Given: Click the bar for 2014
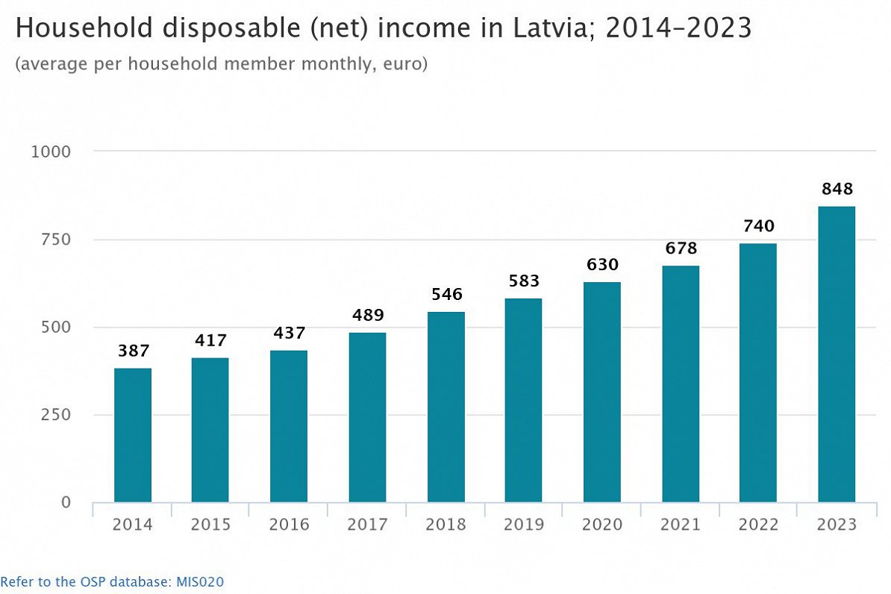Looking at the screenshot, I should coord(133,435).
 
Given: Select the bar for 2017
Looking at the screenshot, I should coord(367,417).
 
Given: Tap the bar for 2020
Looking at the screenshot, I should coord(601,392).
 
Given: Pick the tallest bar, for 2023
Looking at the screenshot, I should coord(837,354).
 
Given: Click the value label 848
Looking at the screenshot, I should coord(837,190).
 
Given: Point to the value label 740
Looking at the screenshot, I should coord(758,227).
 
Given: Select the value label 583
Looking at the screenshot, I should coord(523,282).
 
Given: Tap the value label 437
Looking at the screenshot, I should coord(289,334).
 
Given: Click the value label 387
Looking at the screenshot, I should coord(133,351).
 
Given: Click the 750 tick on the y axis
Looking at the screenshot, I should coord(56,240).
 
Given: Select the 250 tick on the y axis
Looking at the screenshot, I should coord(56,415).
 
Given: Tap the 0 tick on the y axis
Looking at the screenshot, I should coord(66,503).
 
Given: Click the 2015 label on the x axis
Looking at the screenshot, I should coord(210,525).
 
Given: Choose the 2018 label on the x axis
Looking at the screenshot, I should coord(445,525).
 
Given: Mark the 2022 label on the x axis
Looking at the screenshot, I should coord(758,525).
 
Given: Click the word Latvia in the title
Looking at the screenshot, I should coord(534,29).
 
